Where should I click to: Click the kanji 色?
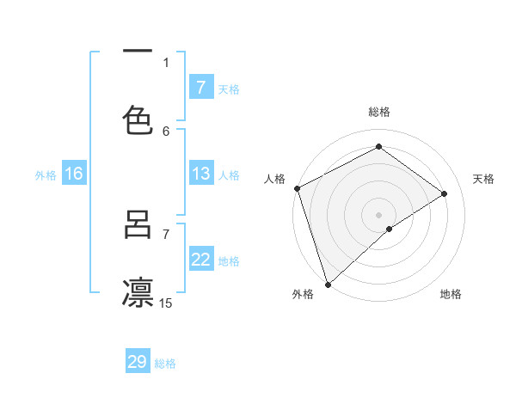tap(138, 119)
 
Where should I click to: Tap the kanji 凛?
tap(138, 291)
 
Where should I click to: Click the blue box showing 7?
tap(200, 87)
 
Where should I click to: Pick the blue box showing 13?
tap(200, 174)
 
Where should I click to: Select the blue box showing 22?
tap(200, 260)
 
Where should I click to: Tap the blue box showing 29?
tap(138, 362)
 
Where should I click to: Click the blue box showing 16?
tap(74, 174)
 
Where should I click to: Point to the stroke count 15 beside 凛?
tap(166, 303)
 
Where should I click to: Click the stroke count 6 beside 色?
tap(166, 131)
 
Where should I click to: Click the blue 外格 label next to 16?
tap(46, 175)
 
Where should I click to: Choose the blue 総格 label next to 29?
tap(165, 364)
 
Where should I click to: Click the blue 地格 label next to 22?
tap(229, 261)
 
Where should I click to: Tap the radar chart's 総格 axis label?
tap(379, 112)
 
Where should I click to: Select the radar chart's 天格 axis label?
tap(484, 179)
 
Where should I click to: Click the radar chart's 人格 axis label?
tap(274, 179)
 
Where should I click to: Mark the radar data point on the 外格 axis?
tap(328, 284)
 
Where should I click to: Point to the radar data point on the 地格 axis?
tap(390, 229)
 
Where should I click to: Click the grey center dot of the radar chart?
tap(379, 214)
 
